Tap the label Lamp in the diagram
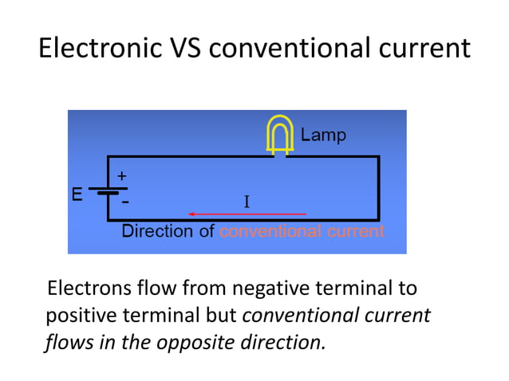coord(323,136)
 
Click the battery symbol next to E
coord(107,190)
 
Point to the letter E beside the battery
coord(77,194)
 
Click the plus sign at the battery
coord(122,175)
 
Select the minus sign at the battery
coord(125,202)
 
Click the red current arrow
coord(247,214)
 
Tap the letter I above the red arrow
coord(247,202)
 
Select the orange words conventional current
coord(302,231)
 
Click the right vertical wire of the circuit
coord(378,188)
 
